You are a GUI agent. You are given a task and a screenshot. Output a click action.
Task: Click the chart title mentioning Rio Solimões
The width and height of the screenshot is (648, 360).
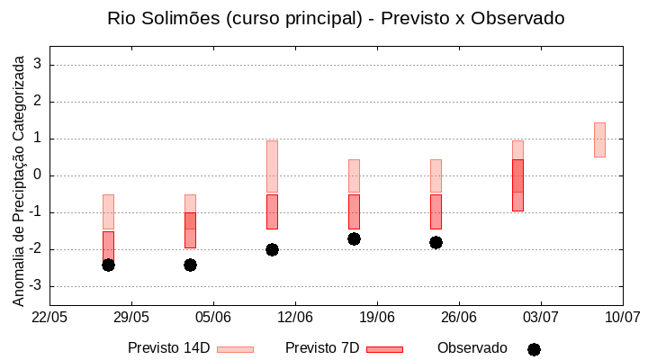pyautogui.click(x=336, y=18)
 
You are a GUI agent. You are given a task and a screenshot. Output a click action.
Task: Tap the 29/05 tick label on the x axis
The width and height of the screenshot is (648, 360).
pyautogui.click(x=131, y=318)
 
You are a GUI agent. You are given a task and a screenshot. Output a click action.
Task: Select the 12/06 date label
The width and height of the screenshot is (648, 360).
pyautogui.click(x=295, y=318)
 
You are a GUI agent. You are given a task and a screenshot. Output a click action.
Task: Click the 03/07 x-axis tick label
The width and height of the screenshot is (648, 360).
pyautogui.click(x=541, y=318)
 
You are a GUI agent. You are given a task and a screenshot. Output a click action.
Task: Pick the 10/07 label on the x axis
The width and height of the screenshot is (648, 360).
pyautogui.click(x=622, y=318)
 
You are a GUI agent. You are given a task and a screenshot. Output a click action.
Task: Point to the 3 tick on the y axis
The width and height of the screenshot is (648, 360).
pyautogui.click(x=38, y=65)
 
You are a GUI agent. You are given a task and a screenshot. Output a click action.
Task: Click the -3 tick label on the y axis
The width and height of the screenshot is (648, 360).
pyautogui.click(x=35, y=286)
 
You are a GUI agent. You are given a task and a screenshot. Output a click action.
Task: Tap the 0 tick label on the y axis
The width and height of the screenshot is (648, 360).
pyautogui.click(x=38, y=175)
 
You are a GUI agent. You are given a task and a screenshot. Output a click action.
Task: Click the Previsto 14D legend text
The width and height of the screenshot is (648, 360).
pyautogui.click(x=168, y=348)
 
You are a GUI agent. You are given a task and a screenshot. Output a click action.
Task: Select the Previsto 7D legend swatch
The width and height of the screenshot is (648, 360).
pyautogui.click(x=384, y=349)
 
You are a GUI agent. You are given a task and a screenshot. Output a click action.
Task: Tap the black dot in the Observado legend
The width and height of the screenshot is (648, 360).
pyautogui.click(x=534, y=349)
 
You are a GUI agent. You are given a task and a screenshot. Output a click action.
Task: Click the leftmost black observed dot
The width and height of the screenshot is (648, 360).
pyautogui.click(x=108, y=265)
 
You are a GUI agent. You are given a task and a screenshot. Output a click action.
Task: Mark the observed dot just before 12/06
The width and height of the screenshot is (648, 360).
pyautogui.click(x=272, y=249)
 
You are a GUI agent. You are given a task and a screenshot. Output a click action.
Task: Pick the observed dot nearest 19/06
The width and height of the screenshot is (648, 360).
pyautogui.click(x=354, y=238)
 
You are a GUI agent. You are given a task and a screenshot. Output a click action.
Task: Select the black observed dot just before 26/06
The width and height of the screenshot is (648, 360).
pyautogui.click(x=436, y=242)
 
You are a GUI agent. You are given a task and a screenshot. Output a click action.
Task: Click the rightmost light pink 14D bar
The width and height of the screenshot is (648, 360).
pyautogui.click(x=599, y=139)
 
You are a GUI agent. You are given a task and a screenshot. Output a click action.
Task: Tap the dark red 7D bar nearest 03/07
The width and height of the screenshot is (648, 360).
pyautogui.click(x=517, y=185)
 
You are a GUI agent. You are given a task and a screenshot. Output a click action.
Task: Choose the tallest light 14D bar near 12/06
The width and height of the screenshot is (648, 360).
pyautogui.click(x=272, y=166)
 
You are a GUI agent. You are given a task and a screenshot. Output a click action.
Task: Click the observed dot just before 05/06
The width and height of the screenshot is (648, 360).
pyautogui.click(x=190, y=265)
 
